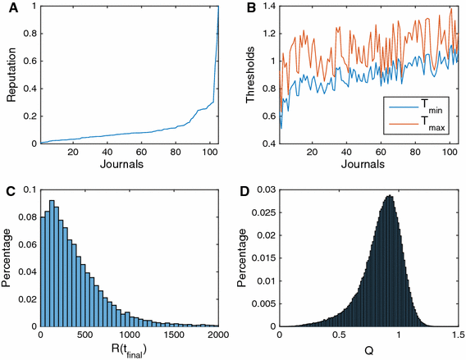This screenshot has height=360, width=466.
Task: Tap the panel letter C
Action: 7,193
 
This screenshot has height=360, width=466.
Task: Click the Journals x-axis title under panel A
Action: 130,165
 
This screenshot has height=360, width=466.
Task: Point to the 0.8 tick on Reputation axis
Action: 30,35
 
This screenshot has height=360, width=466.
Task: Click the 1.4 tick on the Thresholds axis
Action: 267,8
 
